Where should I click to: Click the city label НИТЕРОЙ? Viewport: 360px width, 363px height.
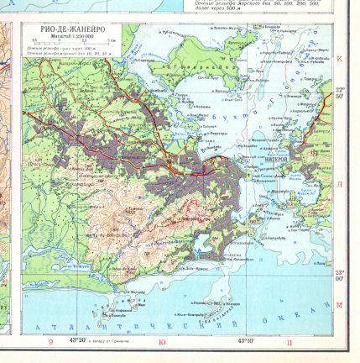pos(276,158)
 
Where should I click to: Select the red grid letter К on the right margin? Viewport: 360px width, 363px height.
pos(340,59)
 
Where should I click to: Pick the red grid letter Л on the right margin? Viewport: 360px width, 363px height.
pos(340,182)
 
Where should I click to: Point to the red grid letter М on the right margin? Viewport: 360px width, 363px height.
pos(340,305)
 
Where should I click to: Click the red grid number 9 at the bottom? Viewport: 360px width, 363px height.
pos(50,342)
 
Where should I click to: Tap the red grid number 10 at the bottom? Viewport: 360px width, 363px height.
pos(162,342)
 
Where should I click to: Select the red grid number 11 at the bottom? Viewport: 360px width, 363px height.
pos(290,342)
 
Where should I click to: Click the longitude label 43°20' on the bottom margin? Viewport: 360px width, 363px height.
pos(78,340)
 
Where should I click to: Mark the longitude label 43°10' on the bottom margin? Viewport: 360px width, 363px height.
pos(247,340)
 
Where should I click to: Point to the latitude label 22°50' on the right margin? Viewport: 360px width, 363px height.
pos(340,92)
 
